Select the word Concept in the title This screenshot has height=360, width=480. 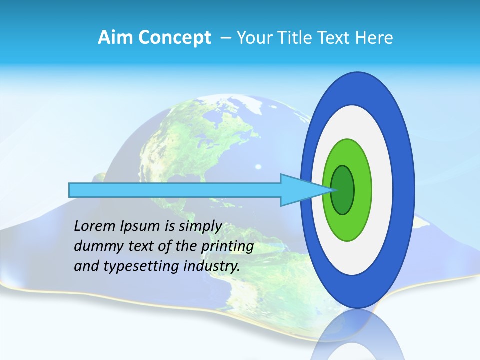tap(175, 38)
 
